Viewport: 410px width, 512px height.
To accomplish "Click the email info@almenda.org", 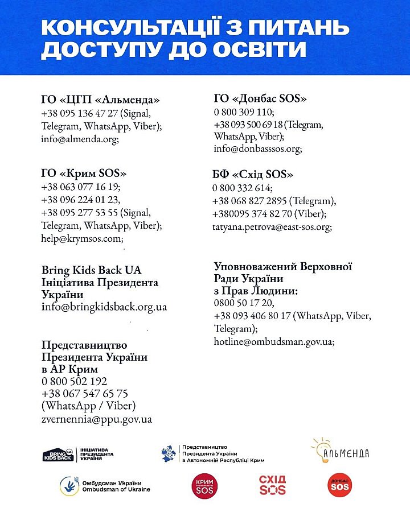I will tap(79, 138).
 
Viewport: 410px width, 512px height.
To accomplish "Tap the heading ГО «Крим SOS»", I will tap(83, 172).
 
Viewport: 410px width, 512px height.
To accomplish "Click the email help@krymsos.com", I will tap(82, 239).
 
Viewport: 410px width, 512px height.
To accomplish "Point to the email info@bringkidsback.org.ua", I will tap(104, 307).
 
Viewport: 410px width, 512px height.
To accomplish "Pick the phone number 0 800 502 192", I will tap(74, 381).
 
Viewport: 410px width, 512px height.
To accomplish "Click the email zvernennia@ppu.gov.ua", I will tap(97, 420).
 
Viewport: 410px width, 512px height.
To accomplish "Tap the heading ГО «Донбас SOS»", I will tap(260, 98).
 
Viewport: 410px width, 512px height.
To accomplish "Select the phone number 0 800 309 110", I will tap(244, 112).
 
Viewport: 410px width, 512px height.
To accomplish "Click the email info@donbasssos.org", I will tap(257, 149).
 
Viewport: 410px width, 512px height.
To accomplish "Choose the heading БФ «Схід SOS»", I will tap(254, 174).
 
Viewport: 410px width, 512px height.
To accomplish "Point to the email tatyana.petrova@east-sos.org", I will tap(272, 226).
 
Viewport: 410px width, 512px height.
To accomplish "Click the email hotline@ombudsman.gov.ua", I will tap(274, 342).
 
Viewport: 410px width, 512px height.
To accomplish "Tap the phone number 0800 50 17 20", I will tap(244, 303).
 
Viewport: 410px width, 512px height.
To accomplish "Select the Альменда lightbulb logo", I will tap(339, 449).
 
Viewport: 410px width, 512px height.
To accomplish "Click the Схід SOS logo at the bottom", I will tap(272, 485).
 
